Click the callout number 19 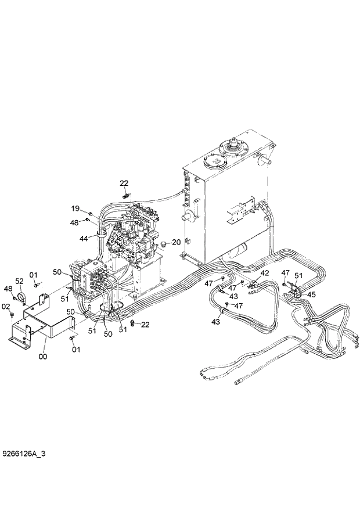click(75, 208)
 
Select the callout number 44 click(84, 239)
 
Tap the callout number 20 click(177, 242)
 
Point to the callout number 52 click(19, 281)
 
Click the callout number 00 click(42, 357)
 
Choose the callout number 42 click(264, 273)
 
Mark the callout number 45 click(311, 294)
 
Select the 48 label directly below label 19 click(75, 222)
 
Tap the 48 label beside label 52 click(8, 289)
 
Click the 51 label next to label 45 click(298, 275)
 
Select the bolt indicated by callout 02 click(12, 314)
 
